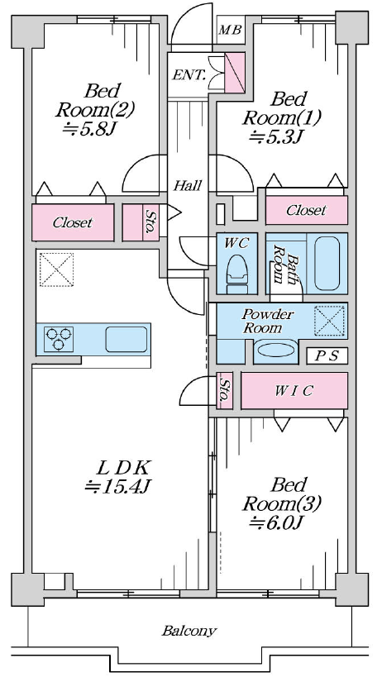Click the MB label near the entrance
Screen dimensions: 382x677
pyautogui.click(x=230, y=30)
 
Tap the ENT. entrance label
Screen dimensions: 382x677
pyautogui.click(x=189, y=75)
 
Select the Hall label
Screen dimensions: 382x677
pyautogui.click(x=188, y=186)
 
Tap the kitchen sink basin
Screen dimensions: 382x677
pyautogui.click(x=127, y=340)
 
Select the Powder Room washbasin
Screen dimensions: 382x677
pyautogui.click(x=276, y=350)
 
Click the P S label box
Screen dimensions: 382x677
pyautogui.click(x=327, y=355)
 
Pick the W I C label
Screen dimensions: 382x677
pyautogui.click(x=294, y=391)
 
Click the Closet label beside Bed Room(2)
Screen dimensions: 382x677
pyautogui.click(x=73, y=223)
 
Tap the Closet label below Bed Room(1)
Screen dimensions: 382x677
pyautogui.click(x=306, y=210)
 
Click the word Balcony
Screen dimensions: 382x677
pyautogui.click(x=189, y=632)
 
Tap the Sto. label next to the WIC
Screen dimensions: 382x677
pyautogui.click(x=224, y=390)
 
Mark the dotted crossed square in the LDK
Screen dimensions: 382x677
pyautogui.click(x=56, y=269)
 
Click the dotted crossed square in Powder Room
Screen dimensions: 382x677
pyautogui.click(x=329, y=321)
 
